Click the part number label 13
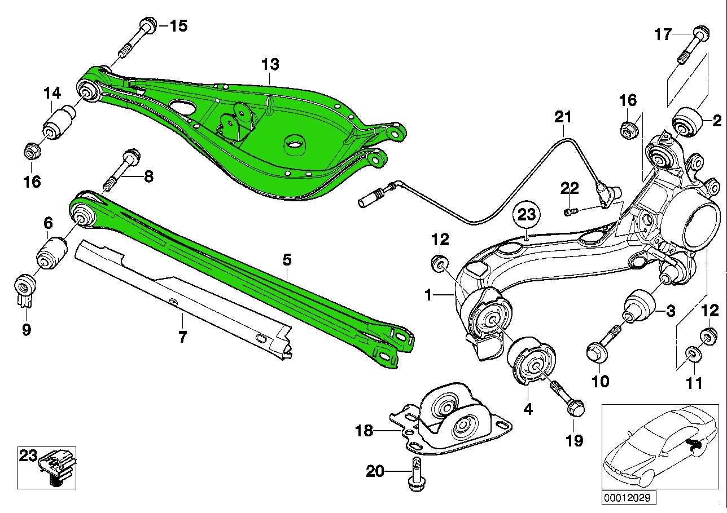point(270,65)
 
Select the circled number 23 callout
point(526,215)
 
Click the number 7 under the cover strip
point(182,337)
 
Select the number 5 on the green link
point(287,260)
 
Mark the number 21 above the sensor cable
point(563,117)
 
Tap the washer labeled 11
point(693,354)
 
